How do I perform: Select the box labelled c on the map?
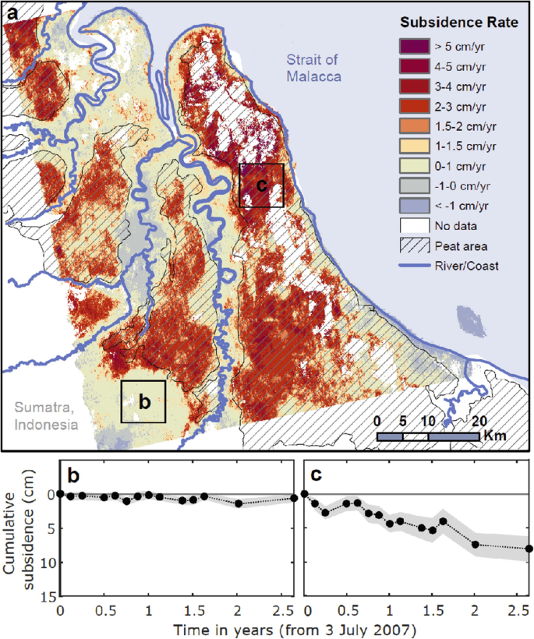pyautogui.click(x=261, y=185)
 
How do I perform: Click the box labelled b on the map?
pyautogui.click(x=143, y=401)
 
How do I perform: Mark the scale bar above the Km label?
pyautogui.click(x=428, y=436)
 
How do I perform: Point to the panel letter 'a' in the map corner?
pyautogui.click(x=13, y=14)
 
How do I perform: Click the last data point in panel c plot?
pyautogui.click(x=529, y=549)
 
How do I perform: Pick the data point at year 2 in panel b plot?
pyautogui.click(x=238, y=503)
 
